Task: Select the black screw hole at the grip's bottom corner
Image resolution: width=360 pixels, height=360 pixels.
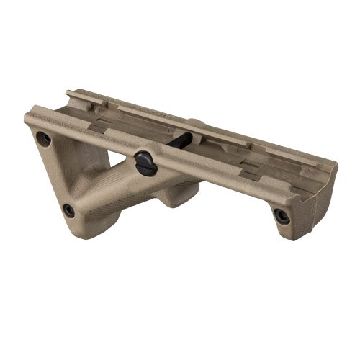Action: point(68,211)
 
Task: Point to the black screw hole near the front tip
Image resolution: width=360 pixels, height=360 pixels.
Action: point(283,215)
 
